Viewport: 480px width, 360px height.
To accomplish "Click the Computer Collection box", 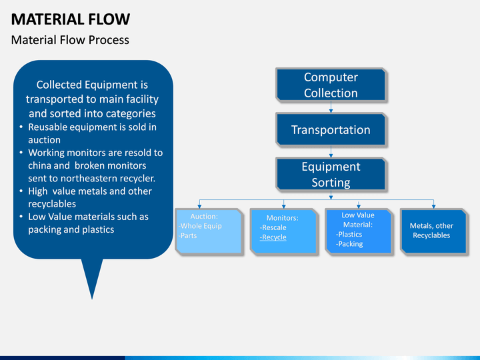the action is [331, 85].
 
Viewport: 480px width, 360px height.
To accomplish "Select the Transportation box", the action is [331, 129].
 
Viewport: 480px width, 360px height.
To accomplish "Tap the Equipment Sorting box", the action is [331, 174].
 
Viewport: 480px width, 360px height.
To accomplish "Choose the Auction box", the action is [209, 231].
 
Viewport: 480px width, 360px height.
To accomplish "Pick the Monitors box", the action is [285, 231].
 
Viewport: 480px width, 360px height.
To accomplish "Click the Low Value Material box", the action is [359, 231].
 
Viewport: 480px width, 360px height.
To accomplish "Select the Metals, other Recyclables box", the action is [435, 231].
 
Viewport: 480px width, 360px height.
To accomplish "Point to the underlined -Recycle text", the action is [273, 237].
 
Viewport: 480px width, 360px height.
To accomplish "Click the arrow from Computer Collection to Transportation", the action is [331, 107].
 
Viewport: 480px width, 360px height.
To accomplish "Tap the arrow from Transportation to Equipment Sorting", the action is [331, 152].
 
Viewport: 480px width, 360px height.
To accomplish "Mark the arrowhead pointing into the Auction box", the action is [199, 206].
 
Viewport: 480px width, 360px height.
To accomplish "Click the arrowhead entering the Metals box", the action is [433, 206].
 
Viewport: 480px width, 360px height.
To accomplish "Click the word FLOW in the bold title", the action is [109, 19].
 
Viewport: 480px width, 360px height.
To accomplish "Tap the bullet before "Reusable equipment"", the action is [21, 127].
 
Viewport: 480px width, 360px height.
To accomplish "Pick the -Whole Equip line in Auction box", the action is [200, 226].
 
